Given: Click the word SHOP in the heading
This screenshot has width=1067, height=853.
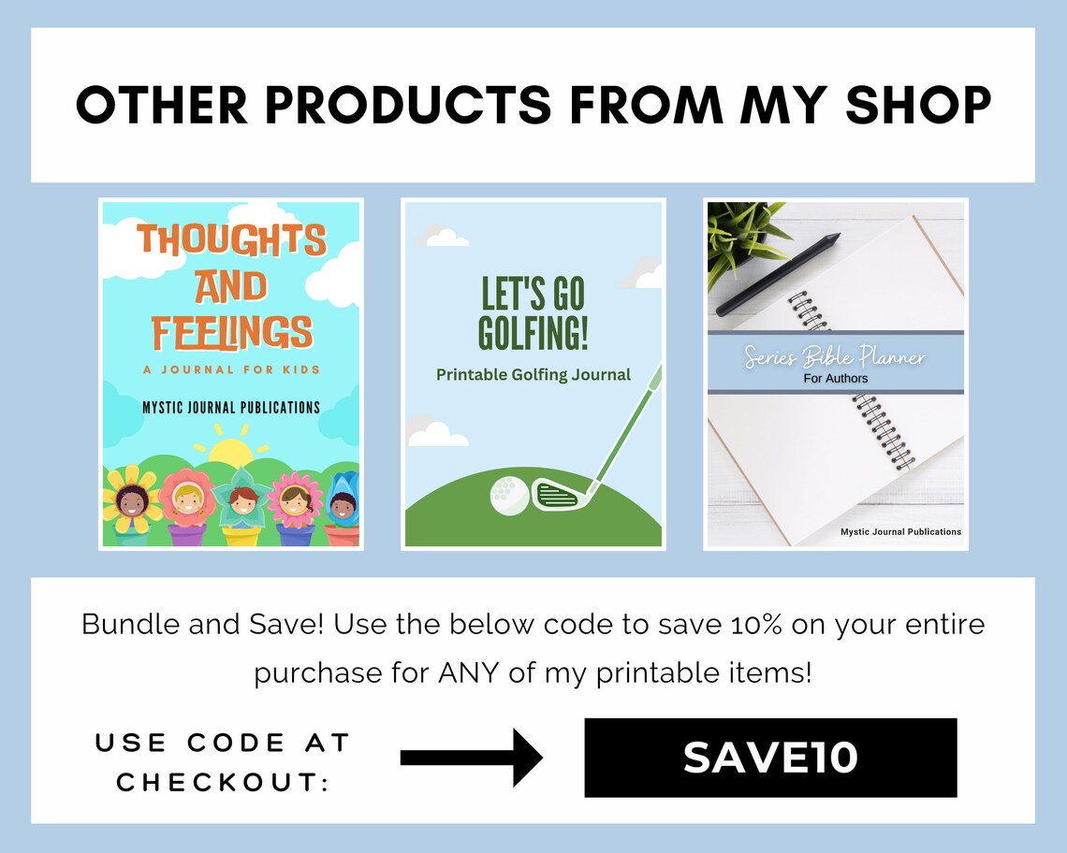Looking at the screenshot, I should click(918, 105).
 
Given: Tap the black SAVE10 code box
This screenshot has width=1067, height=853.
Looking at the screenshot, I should click(770, 758).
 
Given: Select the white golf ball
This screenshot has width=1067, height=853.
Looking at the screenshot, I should click(508, 493).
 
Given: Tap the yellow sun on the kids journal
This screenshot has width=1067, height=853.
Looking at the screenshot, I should click(231, 454).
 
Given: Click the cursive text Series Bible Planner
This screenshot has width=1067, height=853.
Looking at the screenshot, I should click(835, 357).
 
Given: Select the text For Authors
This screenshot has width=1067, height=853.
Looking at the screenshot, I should click(836, 379).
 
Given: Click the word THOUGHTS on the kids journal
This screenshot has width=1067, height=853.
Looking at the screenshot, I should click(231, 240).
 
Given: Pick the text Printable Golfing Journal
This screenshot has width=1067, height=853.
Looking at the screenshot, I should click(533, 375).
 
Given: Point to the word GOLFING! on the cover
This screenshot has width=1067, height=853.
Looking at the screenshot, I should click(533, 333).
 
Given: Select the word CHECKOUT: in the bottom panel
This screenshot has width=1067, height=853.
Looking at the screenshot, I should click(223, 783).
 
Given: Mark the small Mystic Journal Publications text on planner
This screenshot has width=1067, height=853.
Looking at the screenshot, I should click(900, 531).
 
